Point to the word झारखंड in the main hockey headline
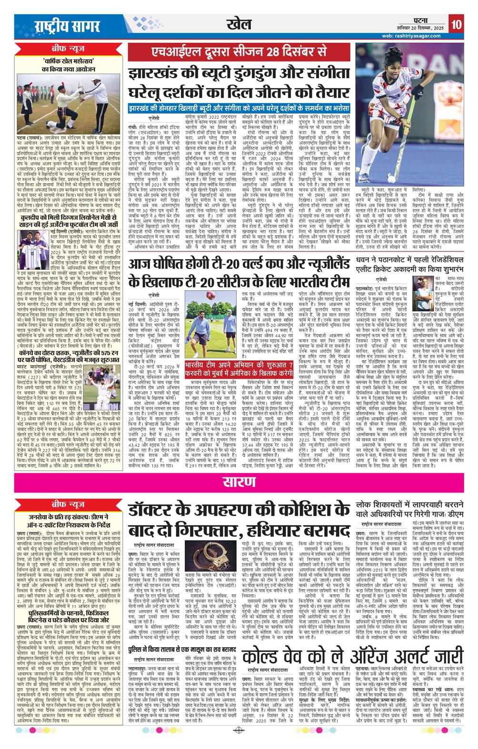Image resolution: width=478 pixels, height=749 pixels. click(x=157, y=74)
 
